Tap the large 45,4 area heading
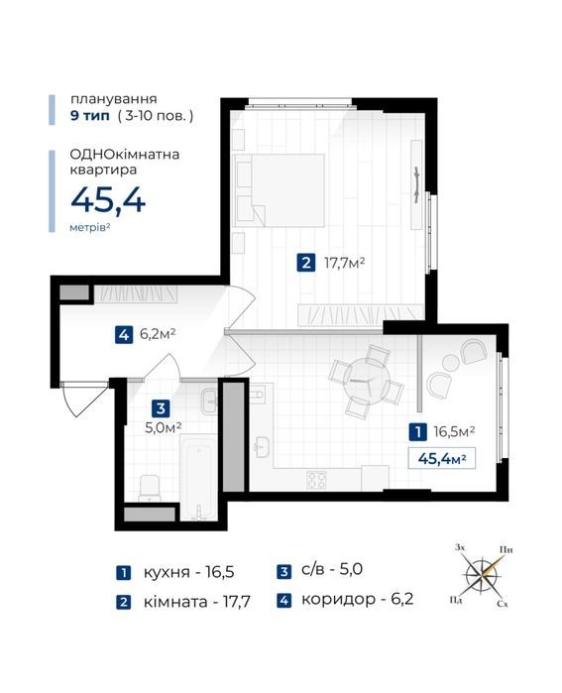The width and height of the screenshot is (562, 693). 108,200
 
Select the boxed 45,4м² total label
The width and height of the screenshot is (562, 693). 442,458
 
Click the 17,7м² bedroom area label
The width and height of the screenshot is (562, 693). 345,264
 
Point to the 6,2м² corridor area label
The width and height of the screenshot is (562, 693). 158,334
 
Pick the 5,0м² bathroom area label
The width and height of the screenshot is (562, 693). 164,427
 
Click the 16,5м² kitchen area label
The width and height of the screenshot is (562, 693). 454,431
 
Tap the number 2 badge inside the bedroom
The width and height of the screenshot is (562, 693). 306,264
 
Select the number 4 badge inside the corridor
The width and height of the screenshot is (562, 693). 124,334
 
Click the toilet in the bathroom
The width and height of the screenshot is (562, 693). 149,488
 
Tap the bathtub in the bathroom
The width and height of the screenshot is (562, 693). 199,478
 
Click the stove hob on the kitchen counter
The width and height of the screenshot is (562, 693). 317,480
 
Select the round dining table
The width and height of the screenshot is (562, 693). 367,381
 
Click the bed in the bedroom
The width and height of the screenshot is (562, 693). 280,190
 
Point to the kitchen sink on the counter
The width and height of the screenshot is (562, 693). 263,447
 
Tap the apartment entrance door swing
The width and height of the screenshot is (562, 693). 83,399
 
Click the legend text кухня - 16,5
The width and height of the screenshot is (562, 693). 188,572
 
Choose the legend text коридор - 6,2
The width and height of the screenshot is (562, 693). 358,599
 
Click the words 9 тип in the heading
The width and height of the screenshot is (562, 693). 90,116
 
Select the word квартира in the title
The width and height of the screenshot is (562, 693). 103,170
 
